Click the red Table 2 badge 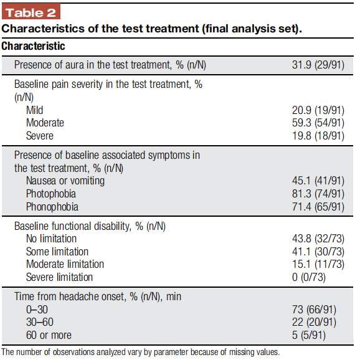pos(31,11)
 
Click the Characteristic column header pos(33,46)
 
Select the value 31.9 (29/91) pos(318,65)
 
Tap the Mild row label pos(34,110)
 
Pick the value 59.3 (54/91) pos(318,123)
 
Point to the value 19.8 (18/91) pos(318,136)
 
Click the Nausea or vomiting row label pos(65,181)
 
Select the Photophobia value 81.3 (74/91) pos(318,194)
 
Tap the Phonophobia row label pos(52,207)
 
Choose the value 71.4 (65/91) pos(318,207)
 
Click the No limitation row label pos(51,239)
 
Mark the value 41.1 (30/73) pos(318,252)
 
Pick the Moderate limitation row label pos(65,264)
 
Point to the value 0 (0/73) pos(309,277)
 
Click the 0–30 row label pos(37,310)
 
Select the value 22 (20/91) pos(314,322)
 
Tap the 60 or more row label pos(49,335)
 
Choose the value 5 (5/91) pos(309,335)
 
